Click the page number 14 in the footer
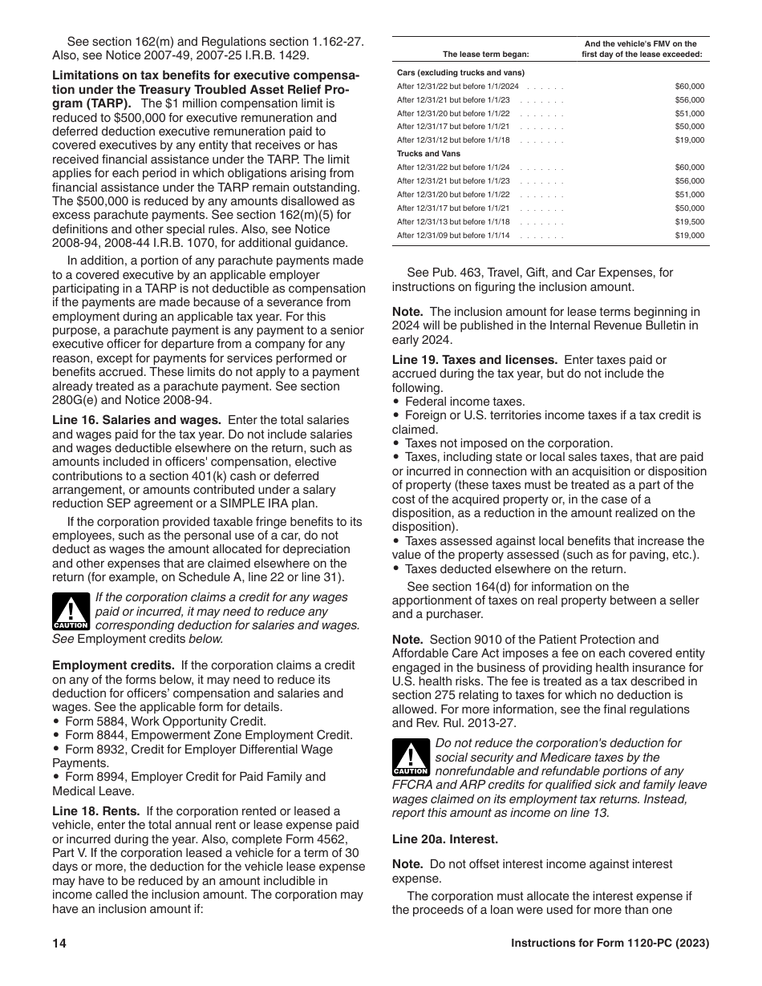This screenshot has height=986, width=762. coord(59,943)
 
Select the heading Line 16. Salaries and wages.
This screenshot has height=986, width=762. coord(136,420)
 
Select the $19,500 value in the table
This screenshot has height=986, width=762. coord(689,222)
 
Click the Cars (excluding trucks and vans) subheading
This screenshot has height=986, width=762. coord(449,72)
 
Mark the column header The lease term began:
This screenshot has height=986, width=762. coord(486,55)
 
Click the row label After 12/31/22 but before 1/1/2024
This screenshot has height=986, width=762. coord(457,86)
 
